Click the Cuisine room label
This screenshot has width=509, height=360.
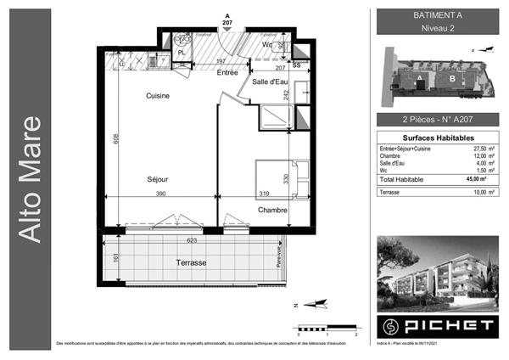[x=157, y=96]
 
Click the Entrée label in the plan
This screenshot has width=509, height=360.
[x=227, y=73]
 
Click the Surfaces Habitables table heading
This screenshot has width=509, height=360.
[x=437, y=138]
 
